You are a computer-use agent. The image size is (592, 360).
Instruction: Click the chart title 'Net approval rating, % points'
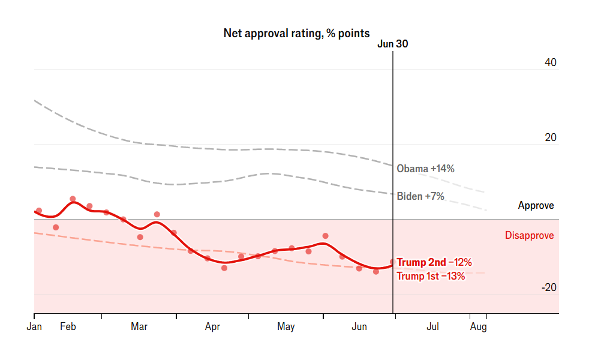click(296, 33)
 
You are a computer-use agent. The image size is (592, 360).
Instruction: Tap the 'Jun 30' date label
click(393, 44)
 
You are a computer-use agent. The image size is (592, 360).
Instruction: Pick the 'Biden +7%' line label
click(420, 196)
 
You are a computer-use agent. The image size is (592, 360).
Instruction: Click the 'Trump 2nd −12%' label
click(434, 262)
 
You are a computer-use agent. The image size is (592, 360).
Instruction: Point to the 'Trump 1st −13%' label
click(431, 276)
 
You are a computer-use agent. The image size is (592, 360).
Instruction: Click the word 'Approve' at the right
click(536, 206)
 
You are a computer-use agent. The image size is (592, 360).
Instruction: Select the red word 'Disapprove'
click(529, 235)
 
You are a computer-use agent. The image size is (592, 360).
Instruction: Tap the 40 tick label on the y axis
click(550, 62)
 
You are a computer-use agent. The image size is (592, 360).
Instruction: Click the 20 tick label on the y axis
click(550, 137)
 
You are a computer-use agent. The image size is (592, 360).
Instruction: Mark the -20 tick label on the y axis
click(548, 287)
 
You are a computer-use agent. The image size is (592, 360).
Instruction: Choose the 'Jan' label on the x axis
click(34, 327)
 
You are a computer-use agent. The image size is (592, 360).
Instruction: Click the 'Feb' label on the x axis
click(68, 327)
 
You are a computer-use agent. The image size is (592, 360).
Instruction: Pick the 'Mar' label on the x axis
click(139, 327)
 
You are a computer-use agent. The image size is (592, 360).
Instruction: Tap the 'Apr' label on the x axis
click(212, 327)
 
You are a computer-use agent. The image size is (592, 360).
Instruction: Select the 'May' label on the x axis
click(286, 327)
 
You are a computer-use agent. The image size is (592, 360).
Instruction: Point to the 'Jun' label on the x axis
click(359, 327)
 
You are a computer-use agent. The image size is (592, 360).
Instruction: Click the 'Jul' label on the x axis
click(432, 327)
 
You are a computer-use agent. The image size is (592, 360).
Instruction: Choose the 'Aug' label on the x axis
click(478, 327)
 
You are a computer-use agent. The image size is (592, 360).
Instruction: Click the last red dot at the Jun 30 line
click(393, 262)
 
